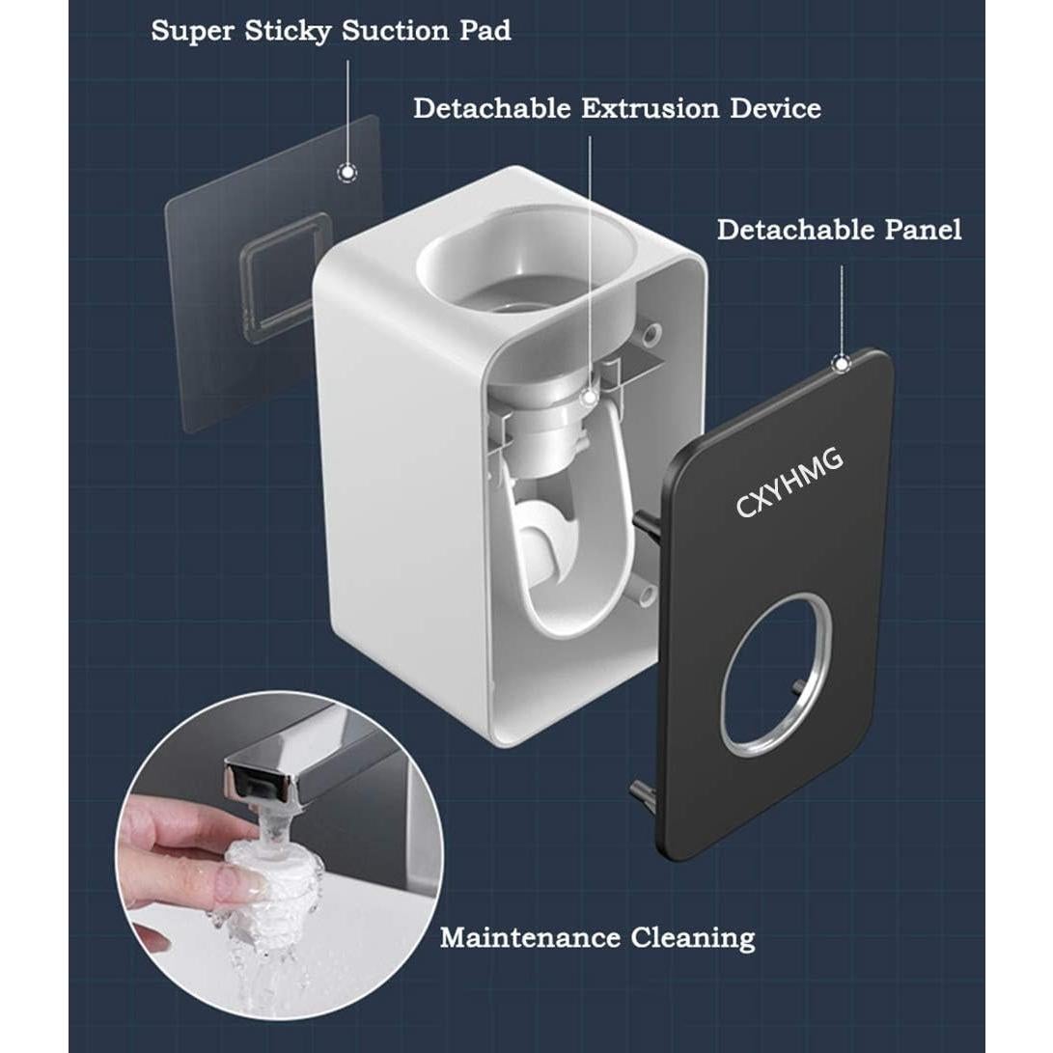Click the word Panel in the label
tap(924, 230)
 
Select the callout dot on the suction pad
tap(346, 174)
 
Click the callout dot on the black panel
tap(841, 364)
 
